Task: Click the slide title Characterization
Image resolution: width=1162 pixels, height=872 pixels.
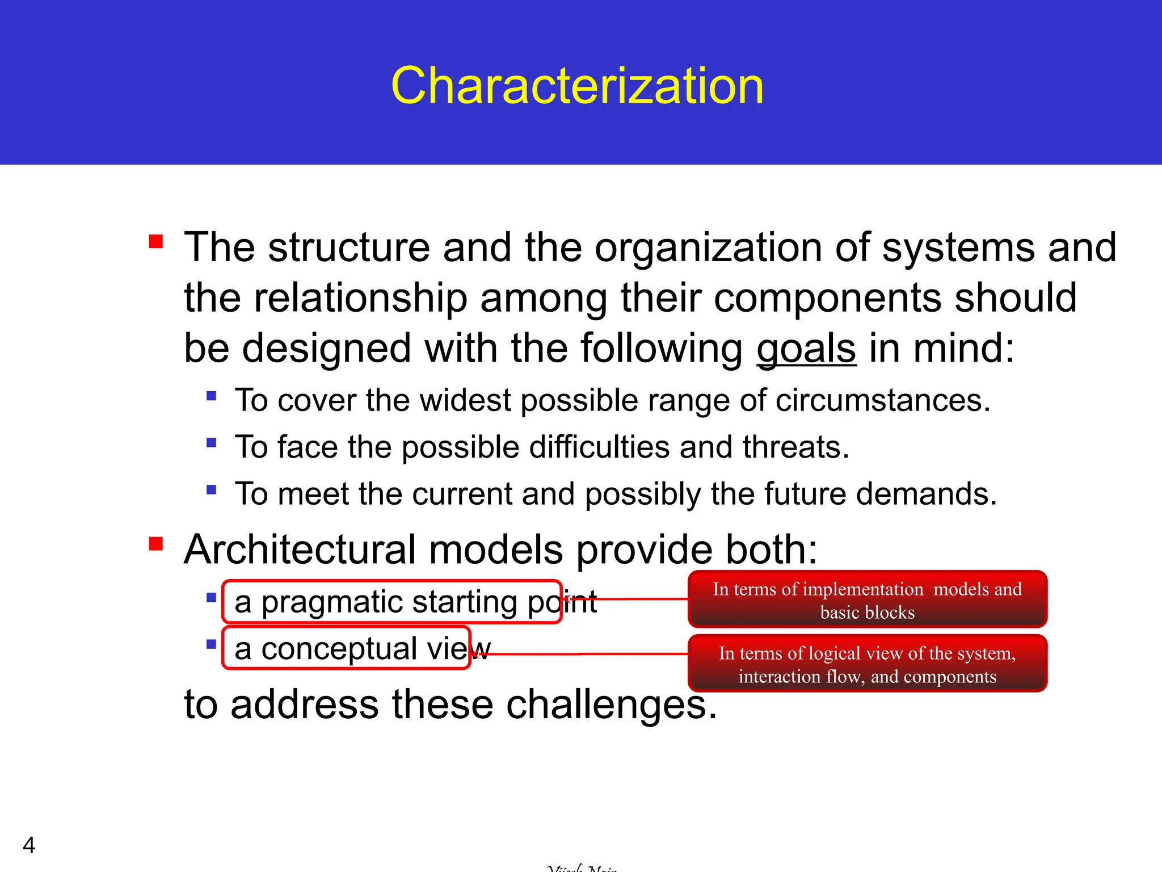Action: click(x=577, y=86)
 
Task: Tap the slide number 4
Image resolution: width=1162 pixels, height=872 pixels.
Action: click(x=29, y=845)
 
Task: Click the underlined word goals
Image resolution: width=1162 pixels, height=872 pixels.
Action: click(x=806, y=348)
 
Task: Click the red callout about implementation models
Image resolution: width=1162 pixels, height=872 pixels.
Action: click(x=867, y=599)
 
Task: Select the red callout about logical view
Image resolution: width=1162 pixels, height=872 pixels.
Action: click(x=867, y=664)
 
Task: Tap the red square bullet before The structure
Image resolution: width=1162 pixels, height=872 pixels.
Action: click(x=156, y=242)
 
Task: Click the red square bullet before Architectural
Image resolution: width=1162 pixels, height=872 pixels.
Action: click(x=156, y=544)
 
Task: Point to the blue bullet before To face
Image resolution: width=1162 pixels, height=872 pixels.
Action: click(x=212, y=442)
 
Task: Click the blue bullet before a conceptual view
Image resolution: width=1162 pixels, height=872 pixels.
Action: click(x=212, y=644)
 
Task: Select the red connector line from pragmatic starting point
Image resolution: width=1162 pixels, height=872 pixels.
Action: click(x=630, y=599)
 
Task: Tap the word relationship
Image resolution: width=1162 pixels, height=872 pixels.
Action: click(x=360, y=298)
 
